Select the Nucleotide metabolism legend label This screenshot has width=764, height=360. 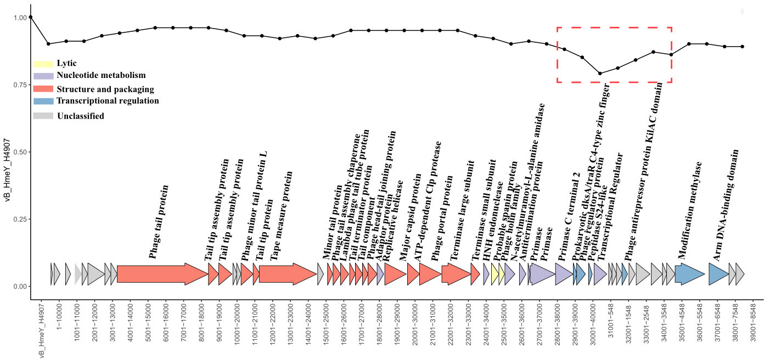click(101, 76)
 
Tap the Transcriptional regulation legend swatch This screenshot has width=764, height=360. click(43, 102)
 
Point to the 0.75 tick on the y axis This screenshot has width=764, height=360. click(29, 85)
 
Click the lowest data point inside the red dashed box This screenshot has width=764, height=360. click(600, 74)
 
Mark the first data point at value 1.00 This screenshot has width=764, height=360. click(31, 17)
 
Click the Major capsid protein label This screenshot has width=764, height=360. click(411, 217)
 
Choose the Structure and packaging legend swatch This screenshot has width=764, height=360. click(43, 89)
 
